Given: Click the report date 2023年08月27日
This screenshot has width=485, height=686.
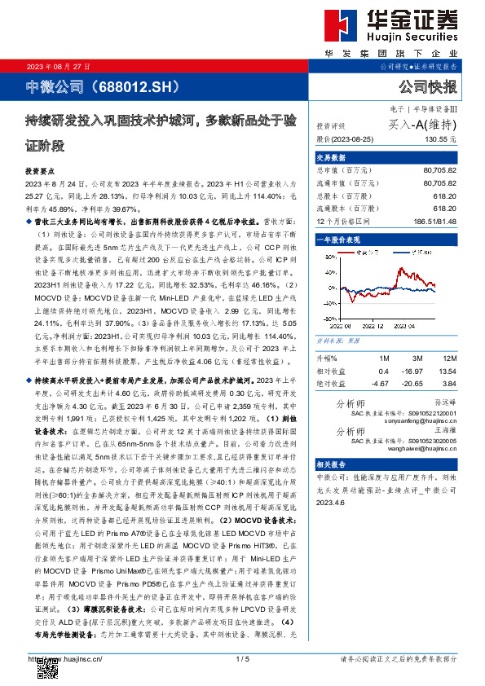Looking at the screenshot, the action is (59, 66).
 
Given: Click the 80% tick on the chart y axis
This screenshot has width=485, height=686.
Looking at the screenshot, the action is (327, 257).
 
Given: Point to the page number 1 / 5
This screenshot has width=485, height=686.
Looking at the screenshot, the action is (241, 658).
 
